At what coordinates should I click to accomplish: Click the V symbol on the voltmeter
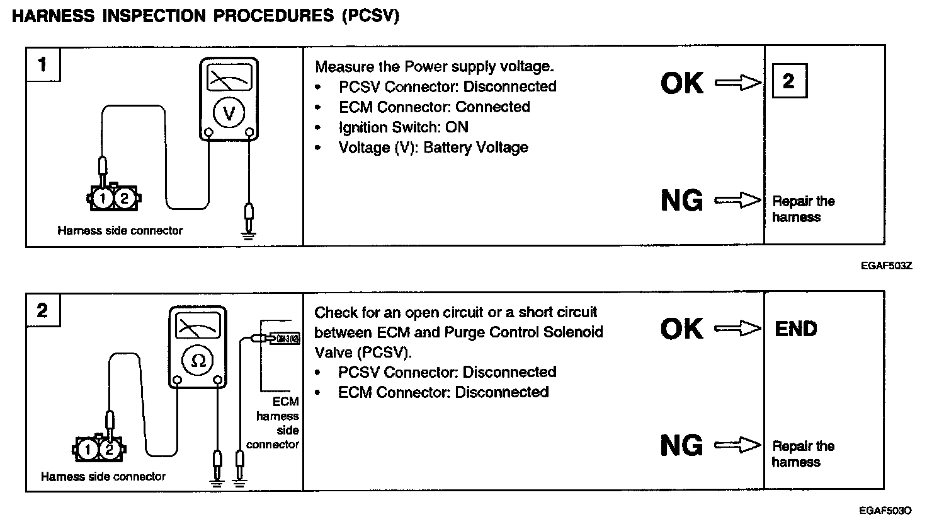pos(229,114)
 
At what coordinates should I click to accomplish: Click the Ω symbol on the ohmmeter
pos(198,360)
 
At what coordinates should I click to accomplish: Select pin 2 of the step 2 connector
pos(110,450)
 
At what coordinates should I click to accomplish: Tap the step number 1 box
pos(42,64)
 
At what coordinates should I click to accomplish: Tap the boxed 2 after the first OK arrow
pos(788,81)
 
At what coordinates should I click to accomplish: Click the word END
pos(796,329)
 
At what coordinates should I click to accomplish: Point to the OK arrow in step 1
pos(738,83)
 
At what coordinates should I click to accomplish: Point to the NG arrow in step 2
pos(738,446)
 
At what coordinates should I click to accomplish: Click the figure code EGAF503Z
pos(886,266)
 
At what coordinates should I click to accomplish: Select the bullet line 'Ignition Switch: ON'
pos(403,127)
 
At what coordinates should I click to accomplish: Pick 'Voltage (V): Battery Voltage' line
pos(433,148)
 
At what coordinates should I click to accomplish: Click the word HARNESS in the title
pos(52,16)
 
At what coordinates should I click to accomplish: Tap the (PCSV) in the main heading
pos(370,16)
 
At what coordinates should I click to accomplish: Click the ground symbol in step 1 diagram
pos(249,236)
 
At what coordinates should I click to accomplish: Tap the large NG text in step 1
pos(682,201)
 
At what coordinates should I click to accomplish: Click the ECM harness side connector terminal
pos(285,338)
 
